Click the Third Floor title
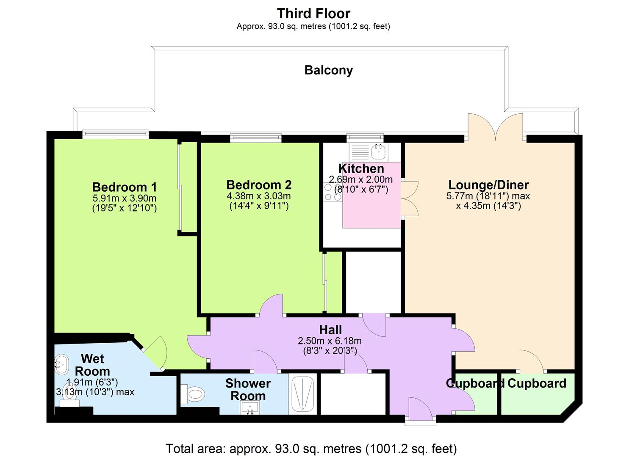coord(313,14)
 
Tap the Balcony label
coord(328,70)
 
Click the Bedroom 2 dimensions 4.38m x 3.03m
coord(258,196)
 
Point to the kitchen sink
coord(378,150)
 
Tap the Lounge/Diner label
coord(488,185)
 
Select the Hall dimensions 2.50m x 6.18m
coord(330,341)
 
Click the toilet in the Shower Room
coord(193,394)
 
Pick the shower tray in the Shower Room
coord(302,394)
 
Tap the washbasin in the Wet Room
coord(61,364)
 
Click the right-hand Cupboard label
coord(537,383)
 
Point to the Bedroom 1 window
coord(115,135)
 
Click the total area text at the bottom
coord(311,448)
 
